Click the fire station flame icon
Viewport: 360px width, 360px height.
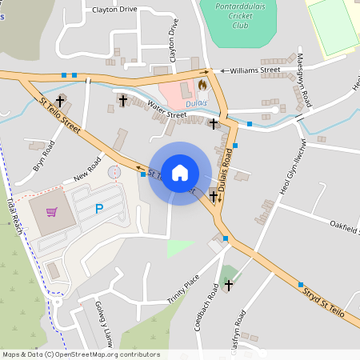(x=202, y=83)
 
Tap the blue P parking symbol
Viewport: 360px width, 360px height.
(x=99, y=209)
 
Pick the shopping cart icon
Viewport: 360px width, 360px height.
(x=52, y=212)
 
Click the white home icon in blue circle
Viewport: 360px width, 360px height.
(x=180, y=174)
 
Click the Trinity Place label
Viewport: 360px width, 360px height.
(x=182, y=292)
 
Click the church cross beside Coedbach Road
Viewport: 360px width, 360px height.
(x=228, y=284)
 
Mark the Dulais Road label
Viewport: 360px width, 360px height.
(x=226, y=178)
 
